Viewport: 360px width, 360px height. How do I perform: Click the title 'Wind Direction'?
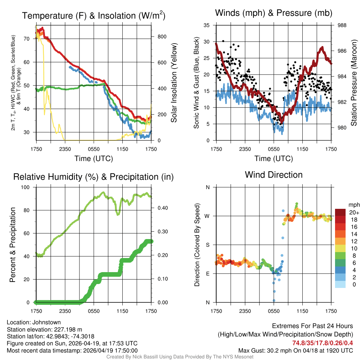pyautogui.click(x=274, y=175)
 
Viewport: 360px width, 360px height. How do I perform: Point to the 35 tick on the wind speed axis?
pyautogui.click(x=207, y=25)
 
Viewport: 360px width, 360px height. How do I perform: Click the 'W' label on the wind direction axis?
pyautogui.click(x=207, y=216)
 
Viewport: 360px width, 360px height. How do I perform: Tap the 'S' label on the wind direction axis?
pyautogui.click(x=208, y=245)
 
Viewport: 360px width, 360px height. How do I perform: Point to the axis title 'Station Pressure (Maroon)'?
pyautogui.click(x=354, y=82)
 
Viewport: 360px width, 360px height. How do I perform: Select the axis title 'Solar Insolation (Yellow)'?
pyautogui.click(x=174, y=83)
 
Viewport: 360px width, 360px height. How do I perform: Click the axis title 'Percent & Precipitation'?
pyautogui.click(x=13, y=245)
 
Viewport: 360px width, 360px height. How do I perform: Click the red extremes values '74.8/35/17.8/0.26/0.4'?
pyautogui.click(x=322, y=343)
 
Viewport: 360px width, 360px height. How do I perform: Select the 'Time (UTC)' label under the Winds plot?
pyautogui.click(x=274, y=159)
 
